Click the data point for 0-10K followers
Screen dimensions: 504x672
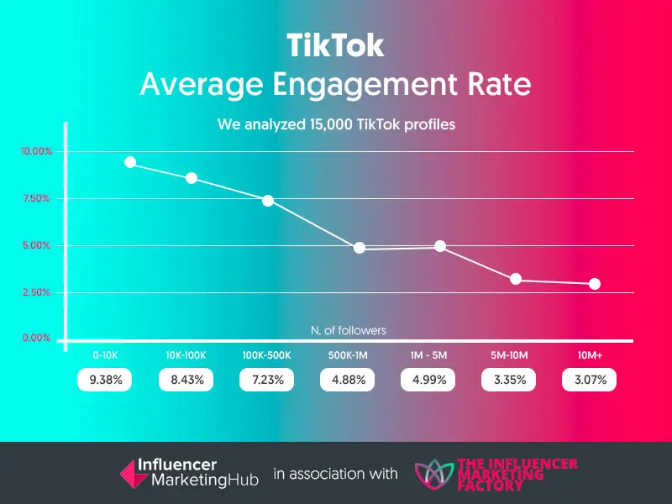(x=130, y=162)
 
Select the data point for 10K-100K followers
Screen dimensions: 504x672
(x=192, y=178)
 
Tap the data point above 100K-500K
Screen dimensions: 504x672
(x=268, y=200)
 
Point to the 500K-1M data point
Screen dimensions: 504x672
(x=360, y=248)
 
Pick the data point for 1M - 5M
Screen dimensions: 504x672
(x=440, y=246)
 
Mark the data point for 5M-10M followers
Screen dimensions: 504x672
(x=516, y=279)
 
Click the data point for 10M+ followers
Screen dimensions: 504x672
(x=595, y=284)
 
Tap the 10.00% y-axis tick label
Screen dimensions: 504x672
(x=36, y=152)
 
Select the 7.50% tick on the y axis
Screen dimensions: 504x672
(x=36, y=199)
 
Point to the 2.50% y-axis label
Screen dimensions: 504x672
(x=36, y=292)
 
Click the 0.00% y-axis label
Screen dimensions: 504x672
(x=36, y=338)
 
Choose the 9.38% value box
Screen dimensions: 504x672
(x=105, y=380)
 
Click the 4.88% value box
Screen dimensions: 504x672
(x=347, y=380)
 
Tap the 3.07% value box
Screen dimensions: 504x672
(x=589, y=380)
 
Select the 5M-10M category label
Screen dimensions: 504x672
(x=508, y=355)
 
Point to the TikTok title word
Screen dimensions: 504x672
(x=335, y=46)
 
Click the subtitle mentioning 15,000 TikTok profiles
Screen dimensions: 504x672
(x=336, y=125)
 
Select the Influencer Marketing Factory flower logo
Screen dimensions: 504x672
(x=433, y=473)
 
